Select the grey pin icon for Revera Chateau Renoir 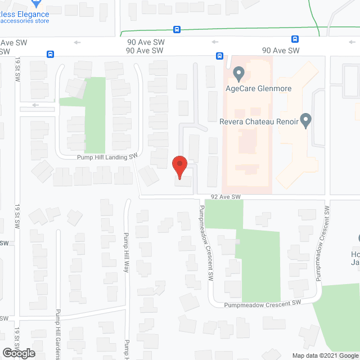point(306,120)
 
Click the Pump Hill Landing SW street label point(107,158)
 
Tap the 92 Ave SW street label point(226,196)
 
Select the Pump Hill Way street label point(127,253)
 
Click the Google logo point(18,353)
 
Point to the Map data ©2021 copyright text point(325,355)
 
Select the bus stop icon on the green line point(177,29)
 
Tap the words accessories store point(25,21)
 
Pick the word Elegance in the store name point(33,13)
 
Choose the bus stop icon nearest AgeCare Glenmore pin point(219,55)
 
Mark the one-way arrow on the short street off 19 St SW point(36,105)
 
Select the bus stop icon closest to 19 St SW point(50,55)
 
